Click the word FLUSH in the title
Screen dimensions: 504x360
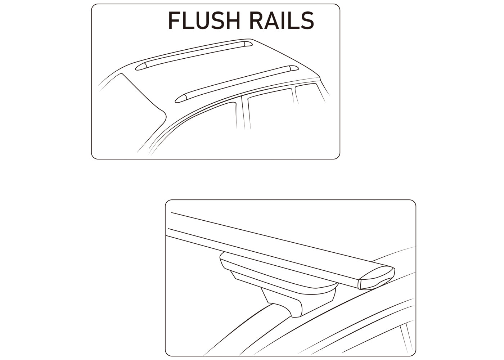pos(204,21)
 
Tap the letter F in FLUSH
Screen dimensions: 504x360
pos(174,21)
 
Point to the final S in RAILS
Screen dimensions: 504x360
pos(307,21)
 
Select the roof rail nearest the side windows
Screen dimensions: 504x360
pos(237,84)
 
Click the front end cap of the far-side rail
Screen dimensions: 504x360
pos(141,67)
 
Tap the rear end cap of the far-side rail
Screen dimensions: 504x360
pos(248,44)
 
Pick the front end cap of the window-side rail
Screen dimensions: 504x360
pos(181,99)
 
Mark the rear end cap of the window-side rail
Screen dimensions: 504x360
pos(294,68)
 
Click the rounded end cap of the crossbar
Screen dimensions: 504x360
pos(376,278)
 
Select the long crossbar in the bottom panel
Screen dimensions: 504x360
pos(280,251)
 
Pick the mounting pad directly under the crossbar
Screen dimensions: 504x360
pos(279,273)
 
